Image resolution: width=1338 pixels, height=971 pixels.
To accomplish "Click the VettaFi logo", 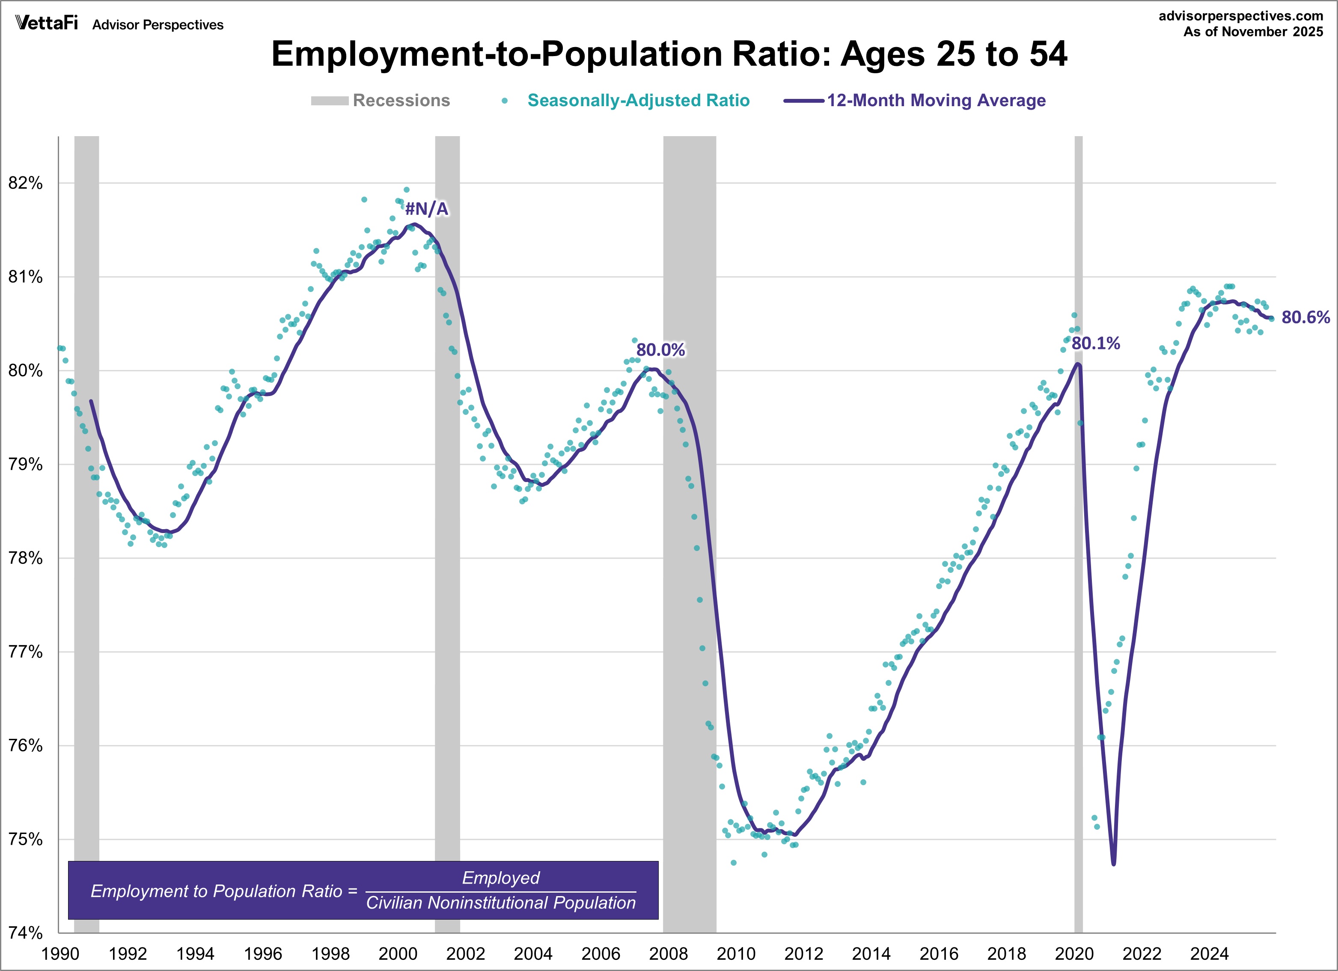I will click(47, 23).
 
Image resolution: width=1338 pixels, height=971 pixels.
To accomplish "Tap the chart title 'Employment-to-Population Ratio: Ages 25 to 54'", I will click(669, 54).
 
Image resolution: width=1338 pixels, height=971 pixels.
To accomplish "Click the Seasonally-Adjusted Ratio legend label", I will click(638, 100).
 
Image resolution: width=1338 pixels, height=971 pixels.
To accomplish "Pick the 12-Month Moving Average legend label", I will click(936, 100).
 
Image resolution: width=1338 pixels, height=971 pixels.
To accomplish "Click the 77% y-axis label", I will click(25, 652).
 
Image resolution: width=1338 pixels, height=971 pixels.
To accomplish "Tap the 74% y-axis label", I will click(25, 932).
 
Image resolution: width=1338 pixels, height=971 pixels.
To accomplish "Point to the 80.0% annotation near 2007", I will click(660, 350).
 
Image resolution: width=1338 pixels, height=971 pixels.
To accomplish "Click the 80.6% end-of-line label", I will click(1305, 318).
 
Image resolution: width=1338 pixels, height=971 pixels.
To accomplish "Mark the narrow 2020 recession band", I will click(1079, 531).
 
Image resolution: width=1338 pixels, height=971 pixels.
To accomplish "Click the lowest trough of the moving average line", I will click(1113, 864).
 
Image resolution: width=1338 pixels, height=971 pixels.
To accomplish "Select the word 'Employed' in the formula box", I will click(500, 878).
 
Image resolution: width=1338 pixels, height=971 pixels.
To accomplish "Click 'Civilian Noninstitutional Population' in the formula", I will click(501, 902).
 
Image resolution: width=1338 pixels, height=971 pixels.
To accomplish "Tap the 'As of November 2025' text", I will click(1253, 32).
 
